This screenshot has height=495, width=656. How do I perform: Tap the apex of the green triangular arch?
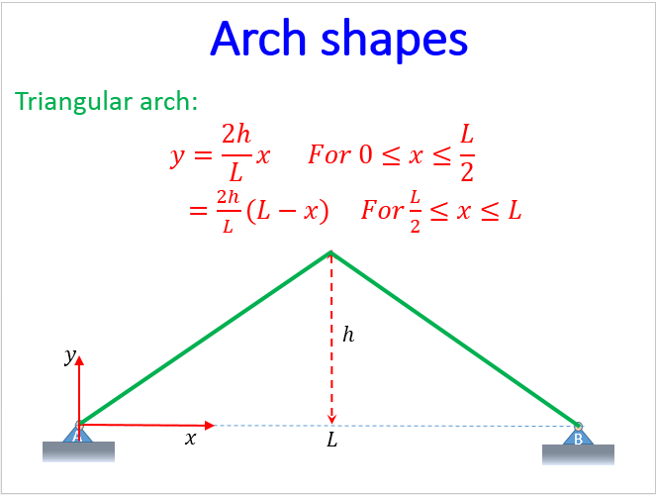[x=330, y=251]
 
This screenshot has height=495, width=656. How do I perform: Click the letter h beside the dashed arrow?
[x=347, y=335]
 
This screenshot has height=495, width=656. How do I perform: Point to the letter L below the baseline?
[x=331, y=441]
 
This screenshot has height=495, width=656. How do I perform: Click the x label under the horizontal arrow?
[x=190, y=439]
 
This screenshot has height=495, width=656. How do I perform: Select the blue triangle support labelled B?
[x=578, y=435]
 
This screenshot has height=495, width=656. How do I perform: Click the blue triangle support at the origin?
[x=78, y=434]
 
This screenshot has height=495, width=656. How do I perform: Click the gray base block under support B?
[x=579, y=454]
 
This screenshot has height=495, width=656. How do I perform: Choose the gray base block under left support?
[x=78, y=452]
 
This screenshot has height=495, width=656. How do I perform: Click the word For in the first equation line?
[x=330, y=155]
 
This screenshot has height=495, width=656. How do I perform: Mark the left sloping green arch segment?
[x=204, y=338]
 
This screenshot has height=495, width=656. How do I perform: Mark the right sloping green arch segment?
[x=455, y=338]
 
